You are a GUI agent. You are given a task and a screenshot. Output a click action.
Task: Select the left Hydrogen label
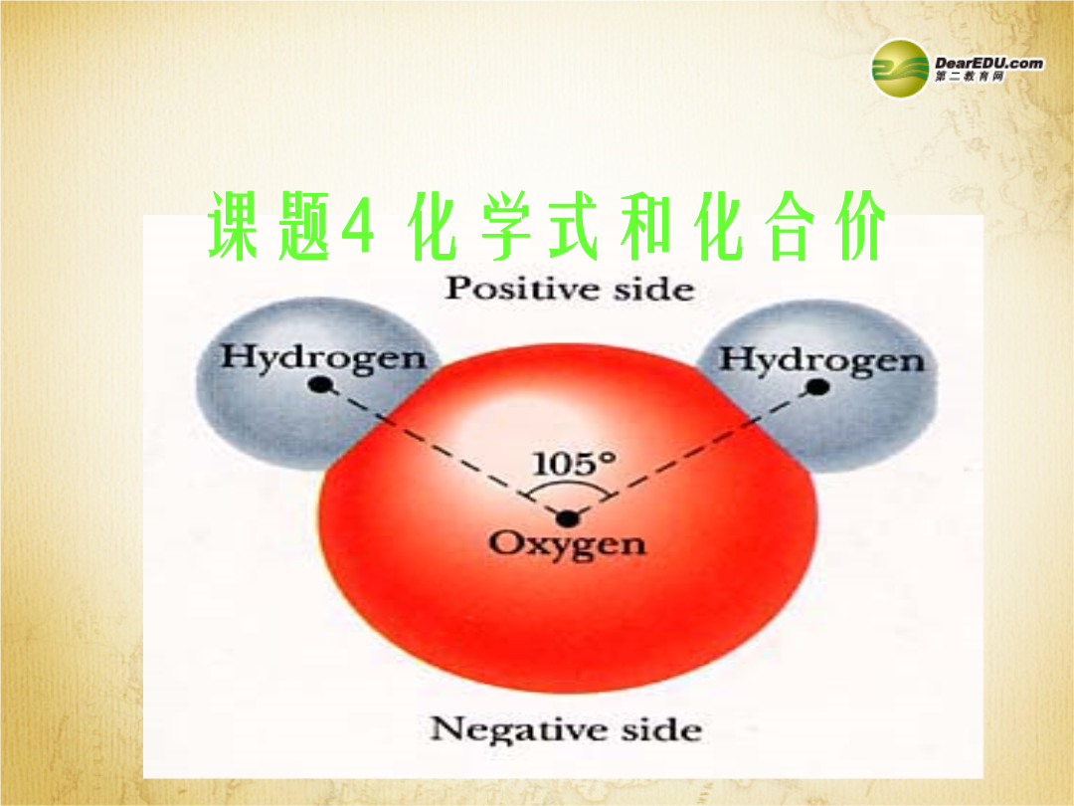coord(323,358)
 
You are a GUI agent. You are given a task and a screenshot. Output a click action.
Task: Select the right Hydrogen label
coord(821,360)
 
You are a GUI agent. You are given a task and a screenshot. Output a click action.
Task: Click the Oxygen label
coord(567,545)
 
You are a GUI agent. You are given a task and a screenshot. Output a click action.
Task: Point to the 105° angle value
coord(574,464)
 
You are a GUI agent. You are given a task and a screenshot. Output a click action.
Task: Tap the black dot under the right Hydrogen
coord(817,387)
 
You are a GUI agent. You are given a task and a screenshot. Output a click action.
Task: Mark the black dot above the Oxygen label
coord(567,518)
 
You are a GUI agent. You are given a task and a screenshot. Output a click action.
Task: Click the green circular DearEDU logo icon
coord(900,69)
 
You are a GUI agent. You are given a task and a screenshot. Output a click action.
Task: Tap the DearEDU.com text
coord(989,63)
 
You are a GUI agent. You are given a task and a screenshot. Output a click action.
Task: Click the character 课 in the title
coord(233,226)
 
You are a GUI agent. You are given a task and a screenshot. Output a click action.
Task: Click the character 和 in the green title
coord(646,226)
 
